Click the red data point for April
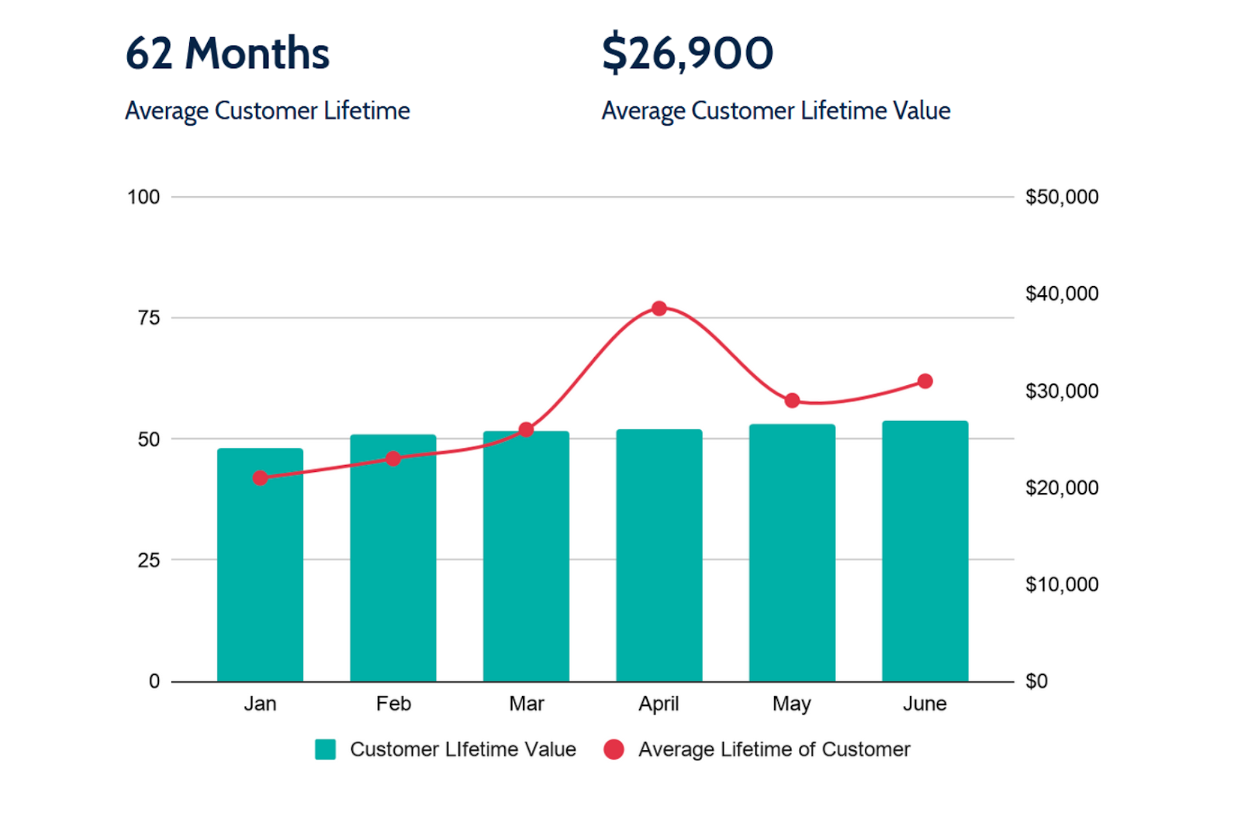[x=659, y=308]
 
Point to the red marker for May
[x=792, y=401]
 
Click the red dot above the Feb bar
[x=393, y=459]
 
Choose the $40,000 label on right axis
[x=1061, y=294]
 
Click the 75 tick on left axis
[x=148, y=318]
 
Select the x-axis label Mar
[x=526, y=704]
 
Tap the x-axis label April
[x=659, y=704]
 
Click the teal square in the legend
[x=325, y=749]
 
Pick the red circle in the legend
[x=614, y=749]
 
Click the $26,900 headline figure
[x=687, y=53]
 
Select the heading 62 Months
[x=227, y=53]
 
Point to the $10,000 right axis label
[x=1061, y=584]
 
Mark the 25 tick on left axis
[x=148, y=560]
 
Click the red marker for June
[x=925, y=381]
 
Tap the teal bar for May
[x=792, y=554]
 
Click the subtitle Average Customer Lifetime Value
[x=776, y=111]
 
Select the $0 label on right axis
[x=1036, y=681]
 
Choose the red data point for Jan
[x=261, y=478]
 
